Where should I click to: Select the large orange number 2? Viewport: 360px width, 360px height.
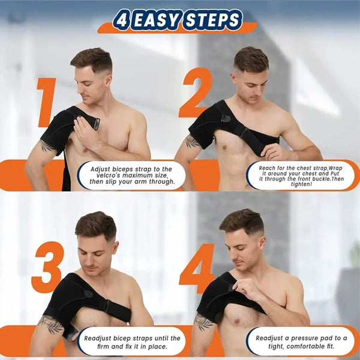(196, 93)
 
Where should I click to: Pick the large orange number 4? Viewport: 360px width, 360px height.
(197, 268)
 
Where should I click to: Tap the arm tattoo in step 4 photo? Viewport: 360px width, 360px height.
(203, 322)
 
